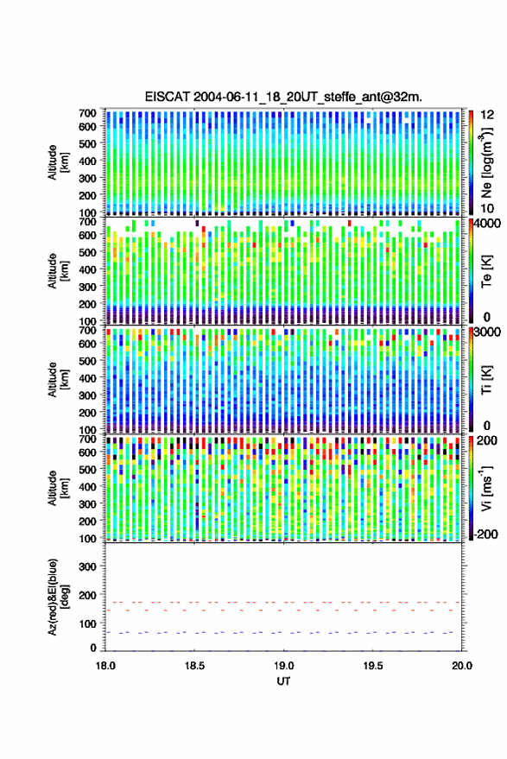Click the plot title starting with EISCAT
pos(283,97)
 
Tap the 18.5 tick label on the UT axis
pos(194,666)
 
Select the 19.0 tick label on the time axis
pos(283,666)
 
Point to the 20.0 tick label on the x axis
pos(461,666)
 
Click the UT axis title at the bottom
pos(283,681)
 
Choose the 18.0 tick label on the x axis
pos(105,666)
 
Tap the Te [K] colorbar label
pos(486,271)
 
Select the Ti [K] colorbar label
pos(486,380)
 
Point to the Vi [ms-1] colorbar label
pos(486,488)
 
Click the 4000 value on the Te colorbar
pos(487,224)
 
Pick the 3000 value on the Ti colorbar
pos(487,332)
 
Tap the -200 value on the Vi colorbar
pos(485,534)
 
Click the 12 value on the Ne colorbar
pos(487,115)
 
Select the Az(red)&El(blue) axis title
pos(58,597)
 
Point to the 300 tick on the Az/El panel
pos(87,566)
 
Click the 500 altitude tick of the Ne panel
pos(87,143)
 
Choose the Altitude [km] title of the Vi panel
pos(58,488)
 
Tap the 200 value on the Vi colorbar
pos(487,440)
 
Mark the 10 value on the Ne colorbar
pos(487,208)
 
